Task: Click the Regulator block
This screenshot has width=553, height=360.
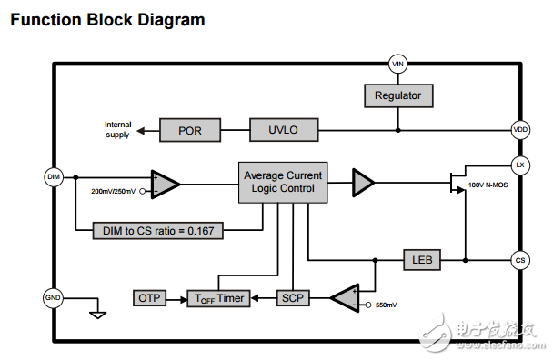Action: tap(397, 95)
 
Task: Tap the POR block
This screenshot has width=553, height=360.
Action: tap(189, 130)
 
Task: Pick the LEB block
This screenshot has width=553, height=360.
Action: tap(422, 260)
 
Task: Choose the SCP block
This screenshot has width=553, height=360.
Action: tap(291, 297)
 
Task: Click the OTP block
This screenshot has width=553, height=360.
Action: tap(149, 297)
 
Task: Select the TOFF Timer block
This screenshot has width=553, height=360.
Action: tap(216, 297)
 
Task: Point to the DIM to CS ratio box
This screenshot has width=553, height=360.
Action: tap(159, 230)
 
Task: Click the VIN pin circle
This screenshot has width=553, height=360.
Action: tap(397, 64)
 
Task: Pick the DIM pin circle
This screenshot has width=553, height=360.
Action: tap(53, 175)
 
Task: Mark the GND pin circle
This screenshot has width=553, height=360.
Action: tap(53, 297)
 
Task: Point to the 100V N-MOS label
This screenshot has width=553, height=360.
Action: tap(488, 185)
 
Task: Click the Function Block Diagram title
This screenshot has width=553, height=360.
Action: tap(106, 19)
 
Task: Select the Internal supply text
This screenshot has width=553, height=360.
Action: tap(117, 130)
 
